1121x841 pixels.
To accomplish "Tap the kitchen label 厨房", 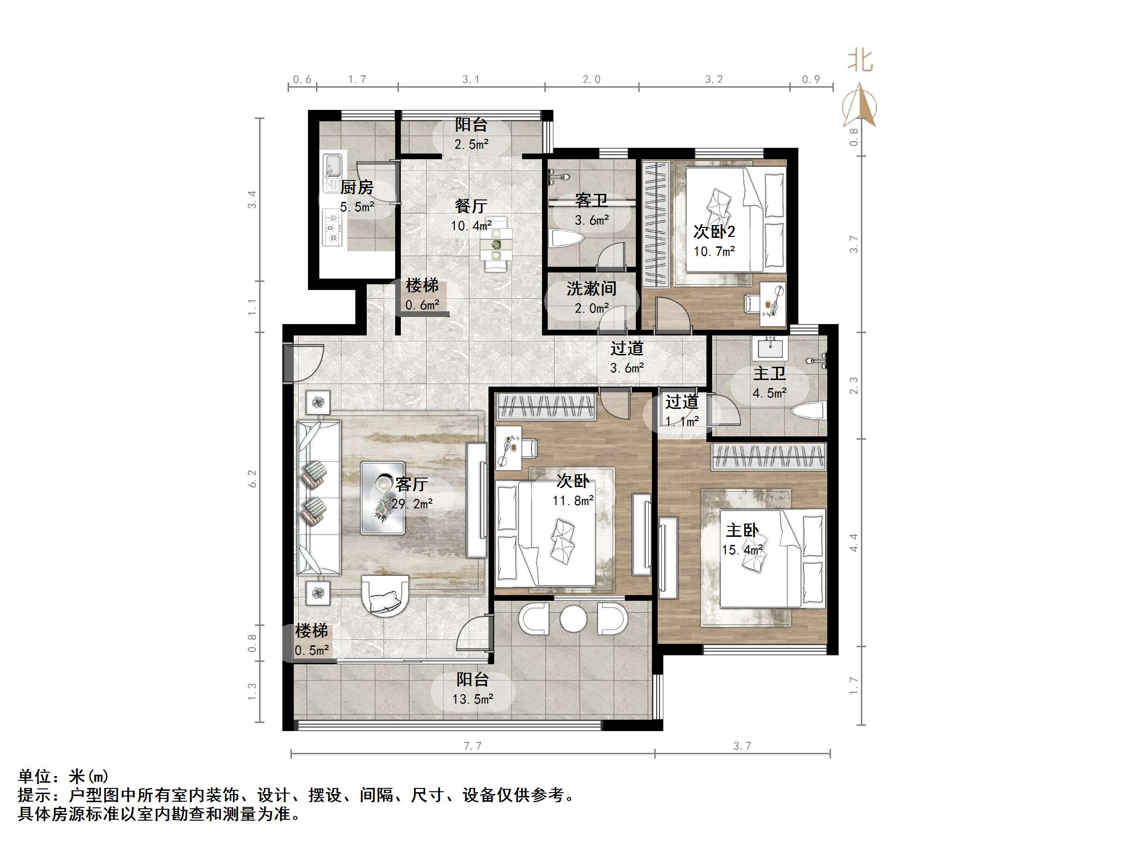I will coord(357,188).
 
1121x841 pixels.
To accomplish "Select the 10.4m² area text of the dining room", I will coord(471,226).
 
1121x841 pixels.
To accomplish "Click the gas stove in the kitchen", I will coord(334,227).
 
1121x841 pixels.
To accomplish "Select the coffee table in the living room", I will coord(383,497).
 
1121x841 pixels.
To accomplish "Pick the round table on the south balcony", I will coord(573,619).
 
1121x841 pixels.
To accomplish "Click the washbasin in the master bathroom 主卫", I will coord(771,348).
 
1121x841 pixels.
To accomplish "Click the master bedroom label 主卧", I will coord(742,531).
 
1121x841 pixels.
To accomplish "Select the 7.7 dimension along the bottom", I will coord(472,746).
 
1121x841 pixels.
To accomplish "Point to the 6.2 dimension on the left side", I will coord(253,479).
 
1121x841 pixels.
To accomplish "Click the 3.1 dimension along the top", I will coord(471,80).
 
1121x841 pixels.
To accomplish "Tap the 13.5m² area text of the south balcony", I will coord(472,699).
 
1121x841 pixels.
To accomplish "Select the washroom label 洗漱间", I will coord(591,289).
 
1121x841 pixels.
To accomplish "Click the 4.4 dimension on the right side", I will coord(854,543).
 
